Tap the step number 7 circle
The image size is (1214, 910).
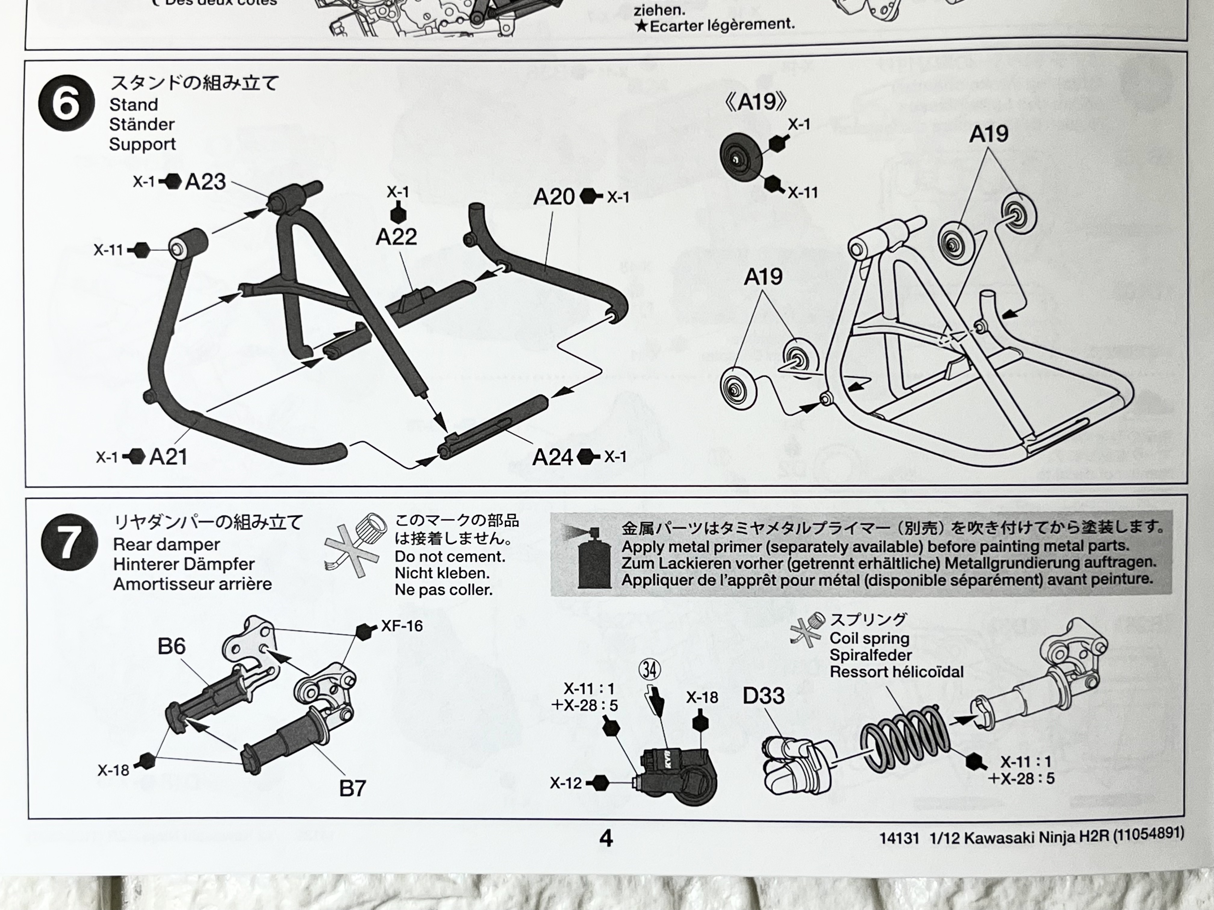click(69, 542)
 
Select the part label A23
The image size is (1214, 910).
click(205, 181)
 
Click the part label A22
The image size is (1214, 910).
click(396, 237)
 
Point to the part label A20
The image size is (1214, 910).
click(554, 197)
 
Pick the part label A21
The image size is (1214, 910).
click(168, 457)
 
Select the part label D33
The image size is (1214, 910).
click(763, 696)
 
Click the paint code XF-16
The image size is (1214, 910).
click(402, 626)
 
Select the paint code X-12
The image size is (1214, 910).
click(565, 783)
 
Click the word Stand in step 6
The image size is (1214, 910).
click(133, 104)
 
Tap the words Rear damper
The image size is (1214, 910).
click(166, 545)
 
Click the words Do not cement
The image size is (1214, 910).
click(450, 557)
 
